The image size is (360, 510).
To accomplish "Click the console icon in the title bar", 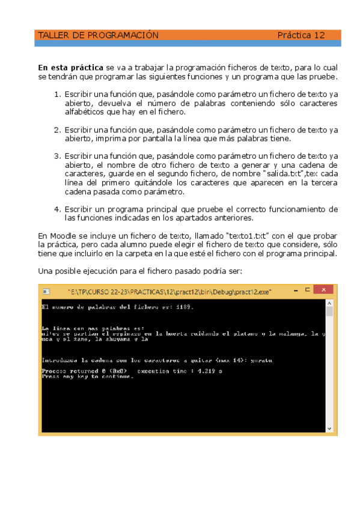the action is point(46,291).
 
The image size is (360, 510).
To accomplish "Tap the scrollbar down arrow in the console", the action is point(329,428).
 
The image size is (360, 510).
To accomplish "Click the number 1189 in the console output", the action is point(182,307).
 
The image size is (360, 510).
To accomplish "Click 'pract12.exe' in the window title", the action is point(254,291).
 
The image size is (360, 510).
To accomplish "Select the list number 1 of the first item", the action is point(57,94).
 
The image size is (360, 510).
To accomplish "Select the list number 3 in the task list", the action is point(57,156).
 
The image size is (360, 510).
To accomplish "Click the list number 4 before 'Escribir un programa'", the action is point(57,209).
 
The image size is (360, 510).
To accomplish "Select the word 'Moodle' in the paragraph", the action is point(64,235).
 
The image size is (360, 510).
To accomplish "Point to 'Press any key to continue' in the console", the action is point(87,376).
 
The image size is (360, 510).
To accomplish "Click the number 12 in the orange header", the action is point(320,35).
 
